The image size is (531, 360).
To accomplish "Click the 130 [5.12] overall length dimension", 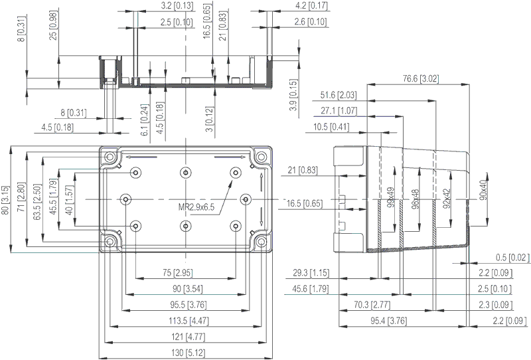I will pyautogui.click(x=185, y=352).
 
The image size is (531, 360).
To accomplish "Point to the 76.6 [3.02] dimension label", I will pyautogui.click(x=420, y=79).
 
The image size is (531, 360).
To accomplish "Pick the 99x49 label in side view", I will pyautogui.click(x=390, y=197).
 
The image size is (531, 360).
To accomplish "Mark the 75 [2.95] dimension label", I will pyautogui.click(x=185, y=273).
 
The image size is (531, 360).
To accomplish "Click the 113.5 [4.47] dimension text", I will pyautogui.click(x=185, y=321).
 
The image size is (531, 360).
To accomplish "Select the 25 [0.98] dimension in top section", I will pyautogui.click(x=53, y=27).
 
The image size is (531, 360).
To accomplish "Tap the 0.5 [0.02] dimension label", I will pyautogui.click(x=511, y=258).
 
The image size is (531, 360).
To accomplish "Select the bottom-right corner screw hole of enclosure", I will pyautogui.click(x=261, y=242).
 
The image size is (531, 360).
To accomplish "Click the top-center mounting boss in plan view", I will pyautogui.click(x=185, y=173).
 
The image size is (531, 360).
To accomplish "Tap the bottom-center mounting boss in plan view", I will pyautogui.click(x=185, y=226).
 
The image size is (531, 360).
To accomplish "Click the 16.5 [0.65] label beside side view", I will pyautogui.click(x=305, y=203).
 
